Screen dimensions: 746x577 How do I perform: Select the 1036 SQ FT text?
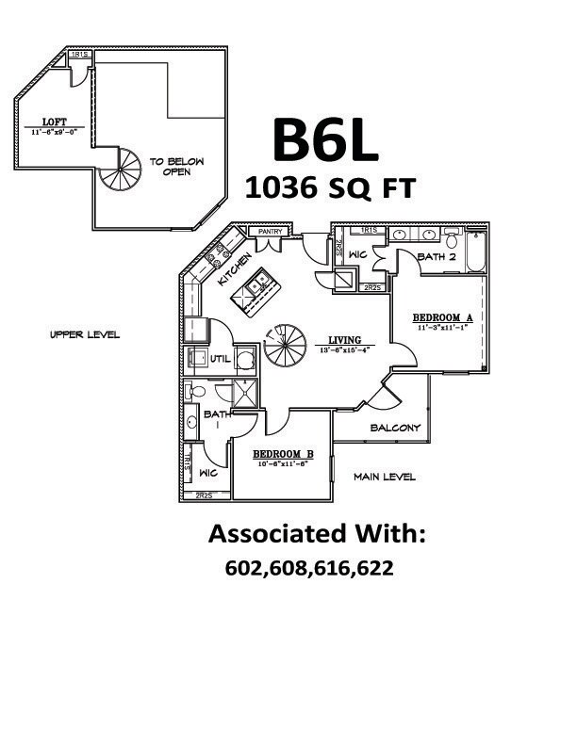[x=329, y=188]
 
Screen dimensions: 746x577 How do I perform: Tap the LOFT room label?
[x=54, y=122]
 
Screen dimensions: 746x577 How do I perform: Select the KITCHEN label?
[x=234, y=269]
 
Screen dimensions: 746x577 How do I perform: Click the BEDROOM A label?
[x=444, y=316]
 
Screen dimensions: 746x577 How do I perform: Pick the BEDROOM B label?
[x=283, y=454]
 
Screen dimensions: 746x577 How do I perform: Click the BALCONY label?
[x=394, y=428]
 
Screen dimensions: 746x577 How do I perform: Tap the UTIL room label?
[x=220, y=359]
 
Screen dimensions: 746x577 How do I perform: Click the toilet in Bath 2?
[x=451, y=235]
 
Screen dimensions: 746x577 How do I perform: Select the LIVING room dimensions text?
[x=345, y=349]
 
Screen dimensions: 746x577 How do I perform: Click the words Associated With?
[x=318, y=534]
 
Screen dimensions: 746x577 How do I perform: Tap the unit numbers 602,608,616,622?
[x=309, y=568]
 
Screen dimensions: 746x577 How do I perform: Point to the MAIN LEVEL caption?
[x=385, y=477]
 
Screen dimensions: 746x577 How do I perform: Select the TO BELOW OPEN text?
[x=177, y=167]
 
